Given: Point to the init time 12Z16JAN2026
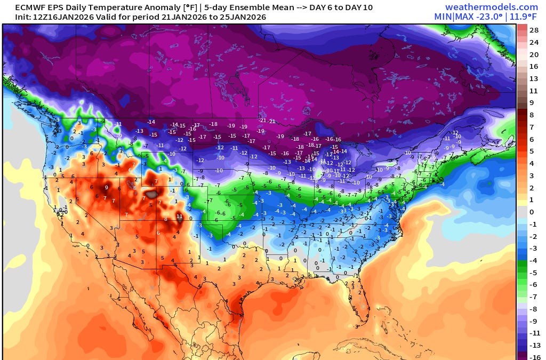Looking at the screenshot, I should [43, 17].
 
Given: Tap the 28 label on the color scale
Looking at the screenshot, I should [534, 30].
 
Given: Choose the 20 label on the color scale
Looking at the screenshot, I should [534, 54].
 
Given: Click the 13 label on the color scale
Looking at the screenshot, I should [534, 78].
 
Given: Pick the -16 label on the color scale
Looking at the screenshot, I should [534, 357].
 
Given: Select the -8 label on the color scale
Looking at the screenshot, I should [534, 309].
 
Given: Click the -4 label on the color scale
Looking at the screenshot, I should [534, 260].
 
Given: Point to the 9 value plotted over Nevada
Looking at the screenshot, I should [106, 188].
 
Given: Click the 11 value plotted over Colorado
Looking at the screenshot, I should [180, 217].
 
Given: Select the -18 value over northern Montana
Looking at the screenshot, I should [214, 124].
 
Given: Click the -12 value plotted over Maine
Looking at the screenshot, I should [455, 132].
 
